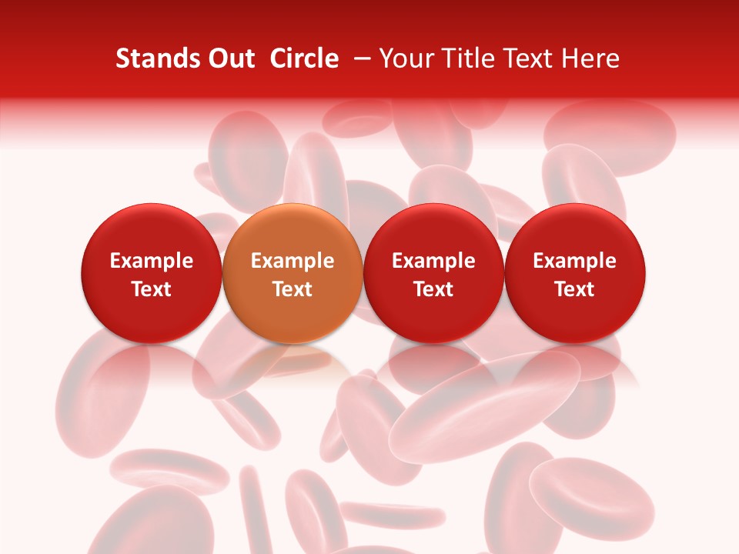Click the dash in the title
[359, 58]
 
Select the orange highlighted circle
[293, 273]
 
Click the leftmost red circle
[152, 273]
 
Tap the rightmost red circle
[575, 273]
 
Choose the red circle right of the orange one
[433, 273]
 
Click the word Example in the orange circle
[293, 261]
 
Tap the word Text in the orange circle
[293, 289]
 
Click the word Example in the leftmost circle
[152, 261]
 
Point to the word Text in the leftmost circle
[152, 289]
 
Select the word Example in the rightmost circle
[575, 261]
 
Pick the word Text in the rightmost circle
[575, 289]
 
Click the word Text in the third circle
[433, 289]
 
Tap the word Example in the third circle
[433, 261]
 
